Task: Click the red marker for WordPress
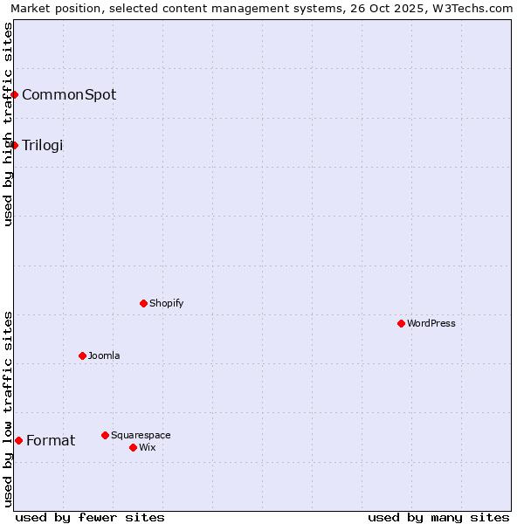(401, 323)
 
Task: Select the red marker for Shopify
(143, 303)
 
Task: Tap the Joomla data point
(82, 355)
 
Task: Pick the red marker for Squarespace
(105, 435)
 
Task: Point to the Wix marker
(133, 447)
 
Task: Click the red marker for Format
(18, 440)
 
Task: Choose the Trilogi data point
(15, 145)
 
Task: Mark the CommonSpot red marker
(15, 94)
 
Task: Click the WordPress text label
(431, 323)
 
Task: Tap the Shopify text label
(166, 303)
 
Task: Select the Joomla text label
(104, 355)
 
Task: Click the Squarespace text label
(141, 435)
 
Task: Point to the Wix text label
(147, 447)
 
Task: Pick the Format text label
(51, 440)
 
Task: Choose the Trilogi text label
(43, 145)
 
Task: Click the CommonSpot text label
(69, 94)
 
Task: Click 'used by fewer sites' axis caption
(90, 517)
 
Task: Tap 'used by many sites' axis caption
(438, 517)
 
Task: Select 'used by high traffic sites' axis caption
(8, 124)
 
